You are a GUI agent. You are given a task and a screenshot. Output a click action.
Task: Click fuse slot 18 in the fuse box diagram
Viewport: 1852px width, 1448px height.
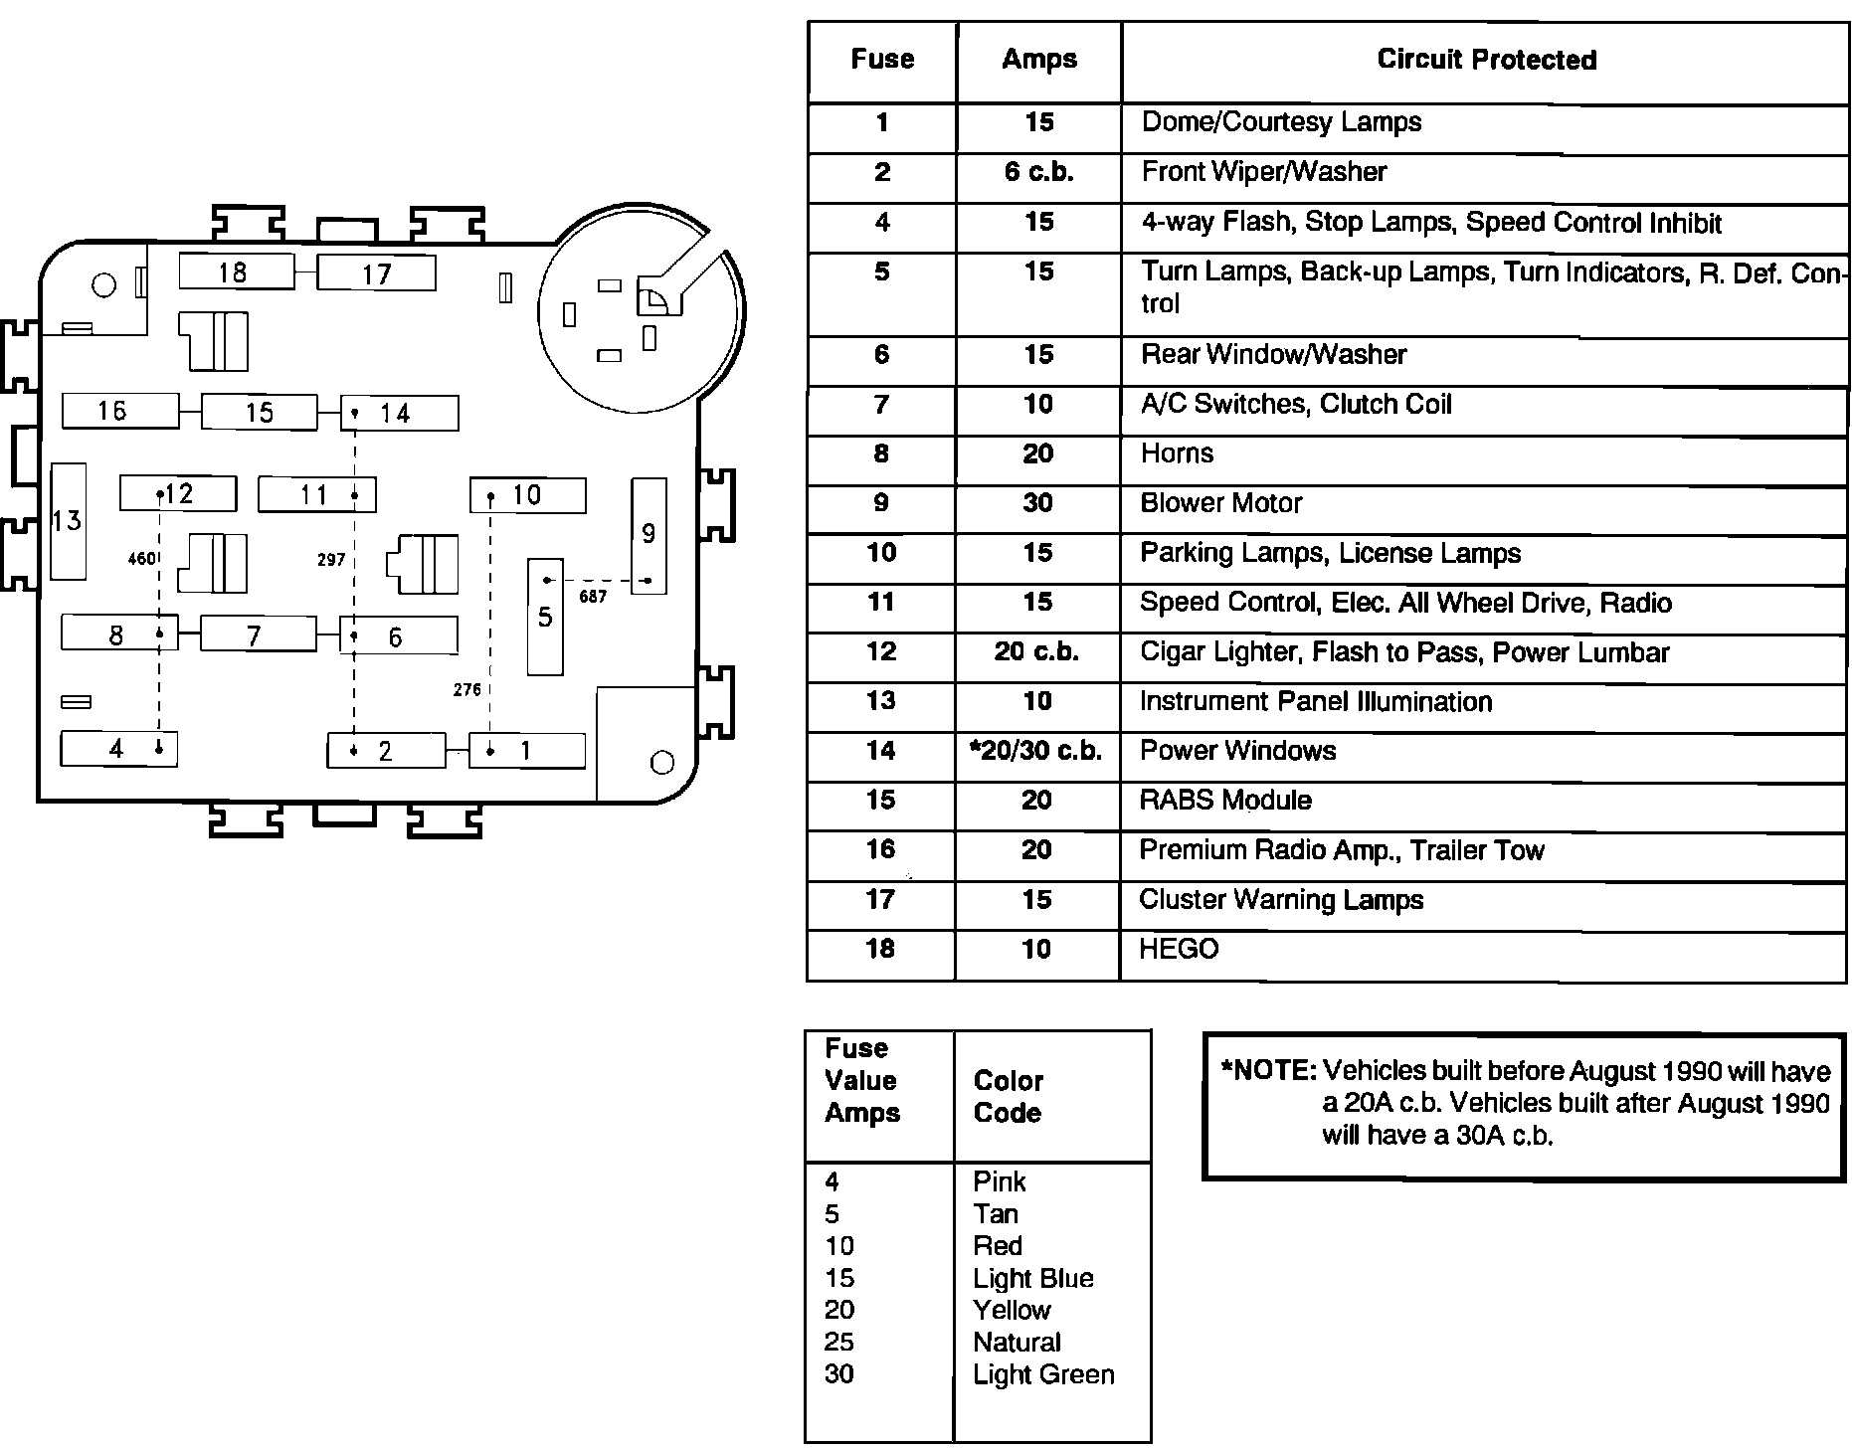pyautogui.click(x=236, y=271)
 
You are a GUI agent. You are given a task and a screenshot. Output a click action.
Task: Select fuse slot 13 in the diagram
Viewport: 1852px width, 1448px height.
pyautogui.click(x=68, y=520)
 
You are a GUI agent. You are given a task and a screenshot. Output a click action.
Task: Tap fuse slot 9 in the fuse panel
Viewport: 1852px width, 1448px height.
pyautogui.click(x=648, y=535)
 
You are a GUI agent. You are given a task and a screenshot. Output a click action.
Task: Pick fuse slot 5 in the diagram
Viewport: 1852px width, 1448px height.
pyautogui.click(x=545, y=617)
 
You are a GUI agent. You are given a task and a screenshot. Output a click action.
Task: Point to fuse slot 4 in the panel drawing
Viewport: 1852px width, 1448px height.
pyautogui.click(x=118, y=748)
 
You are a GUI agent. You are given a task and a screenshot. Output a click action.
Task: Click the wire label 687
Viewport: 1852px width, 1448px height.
pyautogui.click(x=593, y=597)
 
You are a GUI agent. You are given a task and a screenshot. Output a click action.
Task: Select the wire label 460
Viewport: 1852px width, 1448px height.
pyautogui.click(x=141, y=559)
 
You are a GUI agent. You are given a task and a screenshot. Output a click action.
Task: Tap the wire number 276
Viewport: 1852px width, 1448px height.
pyautogui.click(x=466, y=689)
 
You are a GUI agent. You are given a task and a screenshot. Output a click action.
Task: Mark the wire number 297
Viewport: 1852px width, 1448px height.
pyautogui.click(x=330, y=560)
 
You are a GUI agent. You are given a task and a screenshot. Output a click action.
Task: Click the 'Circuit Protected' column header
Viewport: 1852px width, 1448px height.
pyautogui.click(x=1486, y=60)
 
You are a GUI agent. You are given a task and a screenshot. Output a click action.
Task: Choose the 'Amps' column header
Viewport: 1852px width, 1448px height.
pyautogui.click(x=1039, y=59)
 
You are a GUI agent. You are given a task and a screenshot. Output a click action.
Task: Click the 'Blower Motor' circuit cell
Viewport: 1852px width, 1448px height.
pyautogui.click(x=1220, y=503)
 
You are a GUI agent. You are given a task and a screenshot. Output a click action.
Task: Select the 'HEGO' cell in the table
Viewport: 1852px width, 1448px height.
pyautogui.click(x=1179, y=949)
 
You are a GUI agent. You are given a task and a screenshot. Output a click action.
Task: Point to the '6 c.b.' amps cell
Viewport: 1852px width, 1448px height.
pyautogui.click(x=1038, y=172)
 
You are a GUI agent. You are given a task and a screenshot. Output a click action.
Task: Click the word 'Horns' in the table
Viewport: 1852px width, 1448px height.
pyautogui.click(x=1177, y=453)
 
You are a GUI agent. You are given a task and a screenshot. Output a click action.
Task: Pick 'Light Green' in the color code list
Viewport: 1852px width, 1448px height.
pyautogui.click(x=1043, y=1374)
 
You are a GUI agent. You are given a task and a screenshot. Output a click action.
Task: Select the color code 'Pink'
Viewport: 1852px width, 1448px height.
pyautogui.click(x=999, y=1181)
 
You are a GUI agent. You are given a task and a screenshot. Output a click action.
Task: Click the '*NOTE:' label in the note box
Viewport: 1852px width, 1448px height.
pyautogui.click(x=1268, y=1071)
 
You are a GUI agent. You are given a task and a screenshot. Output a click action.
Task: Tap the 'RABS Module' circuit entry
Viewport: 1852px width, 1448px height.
pyautogui.click(x=1225, y=801)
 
